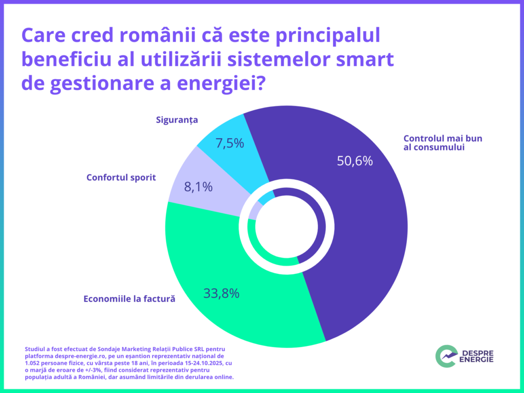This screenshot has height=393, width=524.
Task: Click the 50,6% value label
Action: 355,161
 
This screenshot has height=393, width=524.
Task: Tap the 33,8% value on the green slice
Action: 222,294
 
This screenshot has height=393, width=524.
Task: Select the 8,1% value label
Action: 198,187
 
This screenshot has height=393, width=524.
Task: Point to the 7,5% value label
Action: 230,143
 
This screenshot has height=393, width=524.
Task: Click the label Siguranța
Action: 177,120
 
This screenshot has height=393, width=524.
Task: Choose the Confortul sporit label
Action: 121,178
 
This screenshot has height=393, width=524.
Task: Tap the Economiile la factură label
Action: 129,299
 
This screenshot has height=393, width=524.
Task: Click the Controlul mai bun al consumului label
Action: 443,143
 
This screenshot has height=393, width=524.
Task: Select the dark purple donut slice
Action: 358,230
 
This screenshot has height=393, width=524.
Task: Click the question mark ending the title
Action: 259,83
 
